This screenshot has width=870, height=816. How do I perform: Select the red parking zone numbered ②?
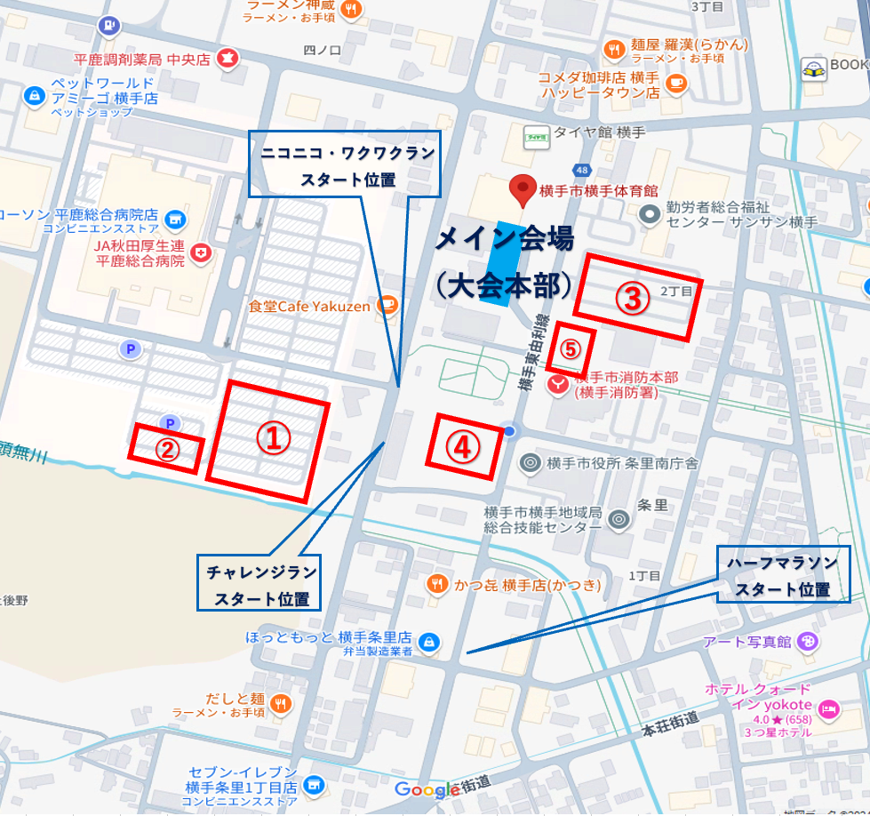pyautogui.click(x=166, y=448)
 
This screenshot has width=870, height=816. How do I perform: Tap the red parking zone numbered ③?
pyautogui.click(x=634, y=297)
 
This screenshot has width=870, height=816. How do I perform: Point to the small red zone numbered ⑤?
pyautogui.click(x=570, y=348)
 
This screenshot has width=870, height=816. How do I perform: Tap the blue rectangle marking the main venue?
pyautogui.click(x=499, y=263)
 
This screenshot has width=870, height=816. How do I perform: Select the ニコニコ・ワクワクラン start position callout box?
pyautogui.click(x=345, y=164)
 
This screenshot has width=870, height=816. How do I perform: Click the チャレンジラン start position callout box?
pyautogui.click(x=258, y=583)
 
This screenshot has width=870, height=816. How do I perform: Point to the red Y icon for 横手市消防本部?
pyautogui.click(x=557, y=385)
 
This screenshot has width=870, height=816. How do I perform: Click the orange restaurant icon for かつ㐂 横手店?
pyautogui.click(x=436, y=584)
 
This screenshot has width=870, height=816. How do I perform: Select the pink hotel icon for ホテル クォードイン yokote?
pyautogui.click(x=828, y=708)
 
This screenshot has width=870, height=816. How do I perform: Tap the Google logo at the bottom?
pyautogui.click(x=427, y=789)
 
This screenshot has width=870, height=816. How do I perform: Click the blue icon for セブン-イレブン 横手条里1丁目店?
pyautogui.click(x=313, y=786)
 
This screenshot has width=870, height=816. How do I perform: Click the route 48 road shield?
pyautogui.click(x=582, y=169)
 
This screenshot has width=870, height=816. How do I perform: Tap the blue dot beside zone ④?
pyautogui.click(x=510, y=431)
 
